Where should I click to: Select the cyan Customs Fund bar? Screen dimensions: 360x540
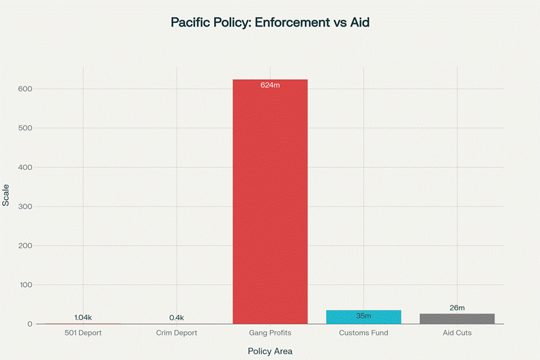(x=363, y=317)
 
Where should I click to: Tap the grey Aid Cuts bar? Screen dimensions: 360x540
(x=457, y=318)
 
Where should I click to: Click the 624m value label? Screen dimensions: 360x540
(x=270, y=85)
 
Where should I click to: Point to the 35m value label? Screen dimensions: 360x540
(x=363, y=316)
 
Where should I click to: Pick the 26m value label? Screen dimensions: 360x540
(x=457, y=308)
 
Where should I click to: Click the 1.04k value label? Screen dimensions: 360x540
(x=83, y=318)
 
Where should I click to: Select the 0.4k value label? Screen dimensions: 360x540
(x=177, y=318)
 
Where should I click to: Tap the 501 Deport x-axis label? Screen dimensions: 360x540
(x=83, y=333)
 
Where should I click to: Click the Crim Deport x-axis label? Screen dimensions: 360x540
(x=177, y=333)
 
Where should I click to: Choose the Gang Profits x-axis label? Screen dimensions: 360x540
(x=270, y=333)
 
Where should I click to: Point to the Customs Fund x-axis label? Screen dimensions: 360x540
(x=363, y=333)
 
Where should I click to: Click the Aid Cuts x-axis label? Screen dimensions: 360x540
(x=457, y=333)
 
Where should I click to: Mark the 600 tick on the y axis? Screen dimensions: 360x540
(x=26, y=89)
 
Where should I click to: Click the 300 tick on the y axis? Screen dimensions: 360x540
(x=26, y=207)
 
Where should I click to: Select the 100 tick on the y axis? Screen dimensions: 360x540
(x=26, y=285)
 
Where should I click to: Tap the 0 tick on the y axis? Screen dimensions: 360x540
(x=30, y=324)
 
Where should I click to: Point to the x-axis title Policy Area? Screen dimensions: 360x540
(x=270, y=351)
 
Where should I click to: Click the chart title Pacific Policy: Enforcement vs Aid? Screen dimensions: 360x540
(x=270, y=23)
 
